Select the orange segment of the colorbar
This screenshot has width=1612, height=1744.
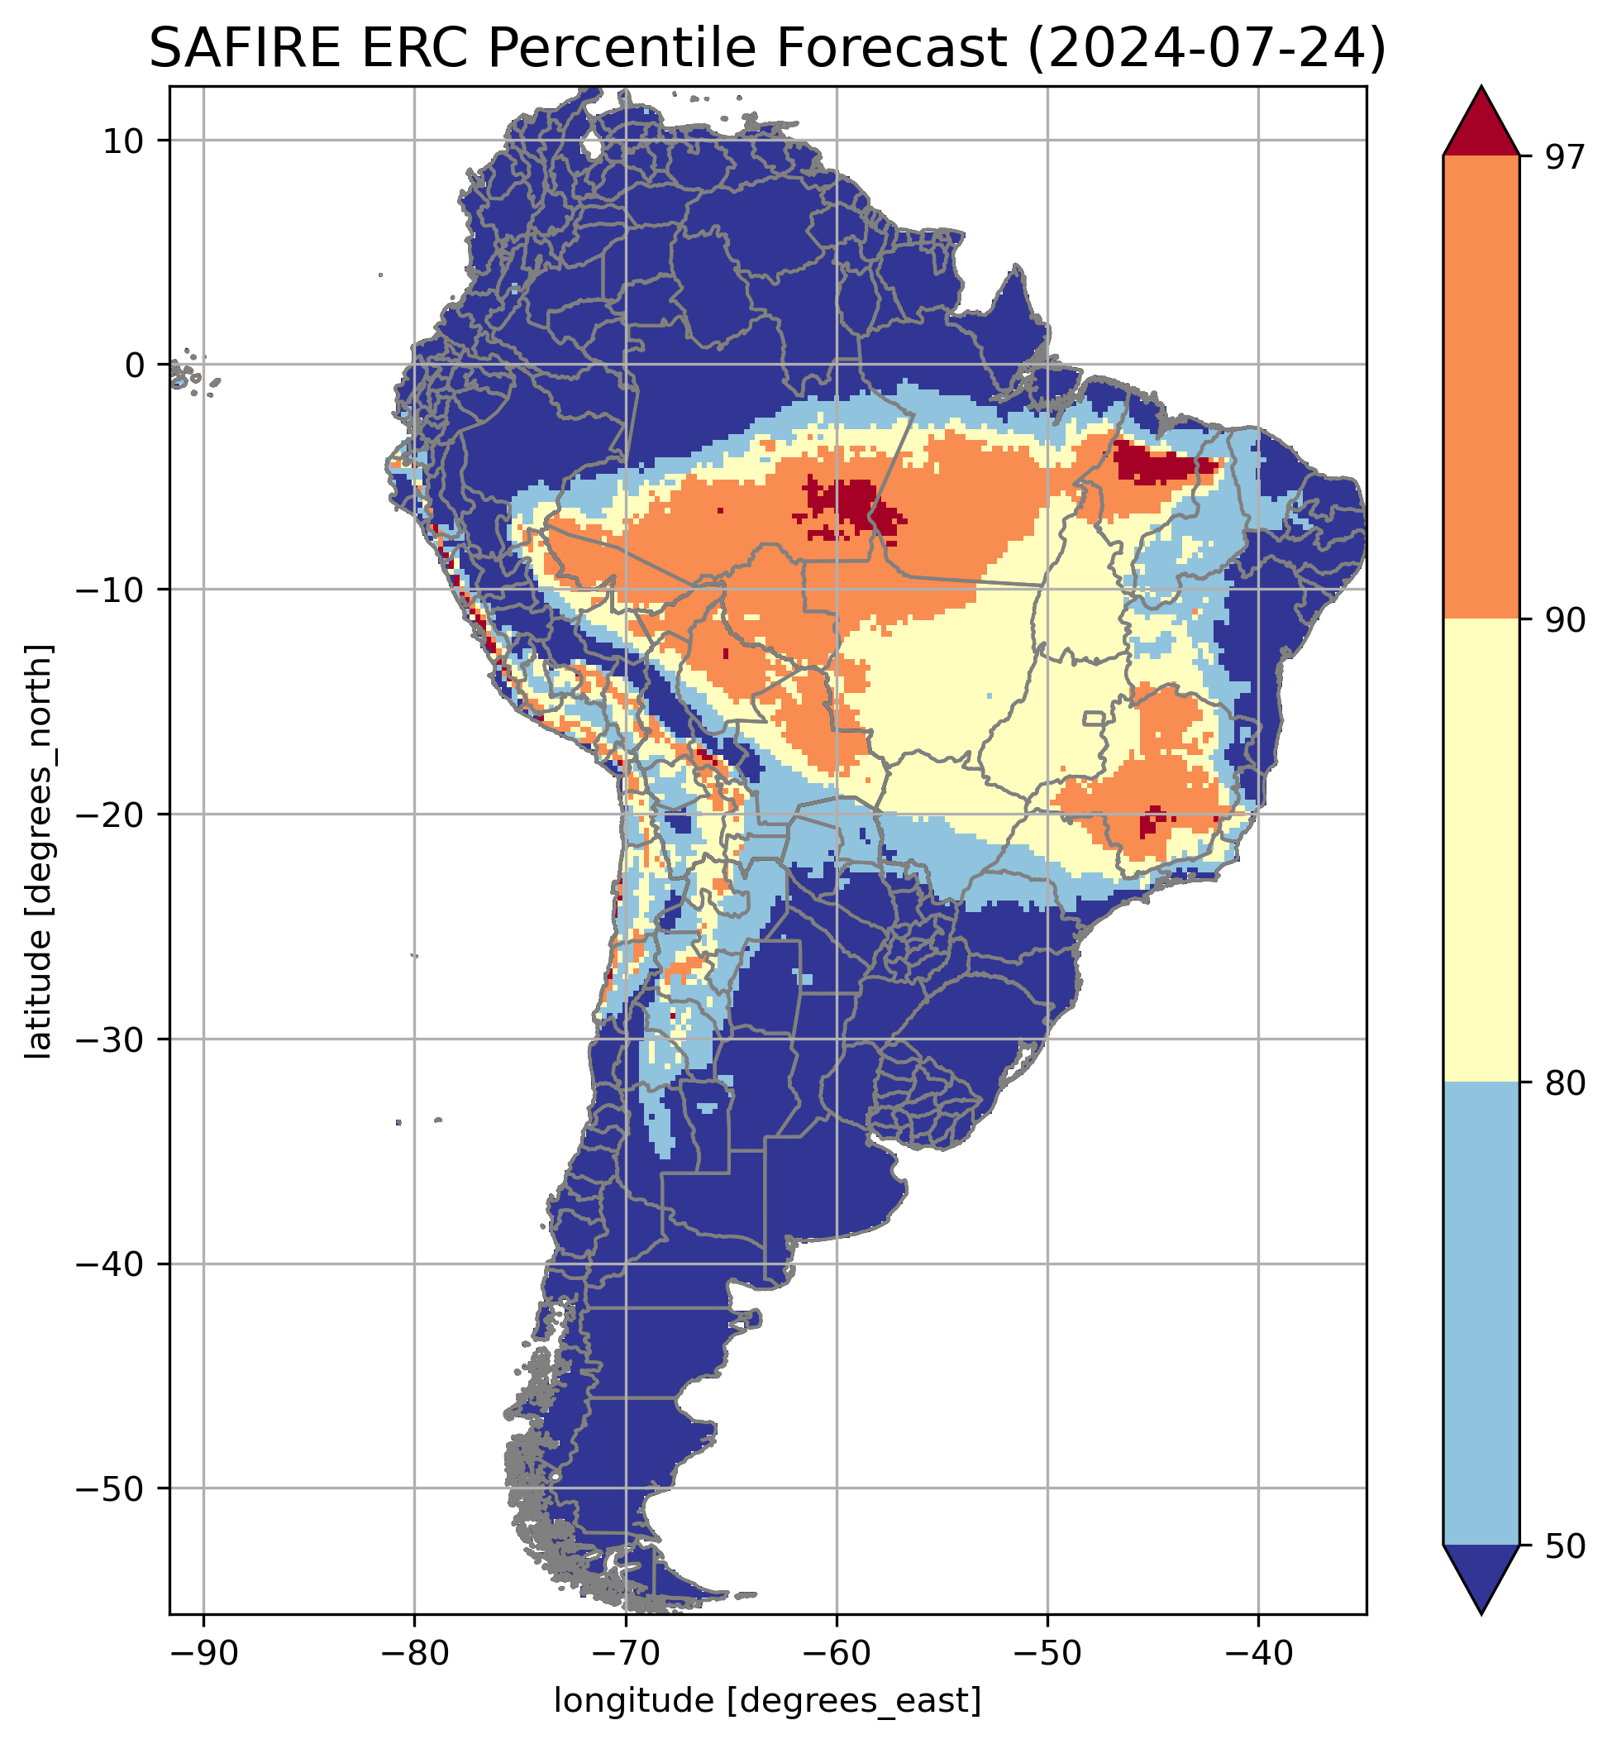coord(1481,388)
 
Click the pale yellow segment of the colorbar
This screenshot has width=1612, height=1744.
coord(1481,851)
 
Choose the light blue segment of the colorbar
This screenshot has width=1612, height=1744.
coord(1481,1313)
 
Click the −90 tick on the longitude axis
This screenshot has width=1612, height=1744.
coord(203,1654)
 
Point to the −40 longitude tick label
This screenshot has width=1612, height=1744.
coord(1258,1654)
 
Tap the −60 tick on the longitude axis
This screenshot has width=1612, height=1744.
coord(837,1654)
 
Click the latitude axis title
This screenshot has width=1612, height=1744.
coord(39,852)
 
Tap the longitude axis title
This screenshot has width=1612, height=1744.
coord(768,1700)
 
